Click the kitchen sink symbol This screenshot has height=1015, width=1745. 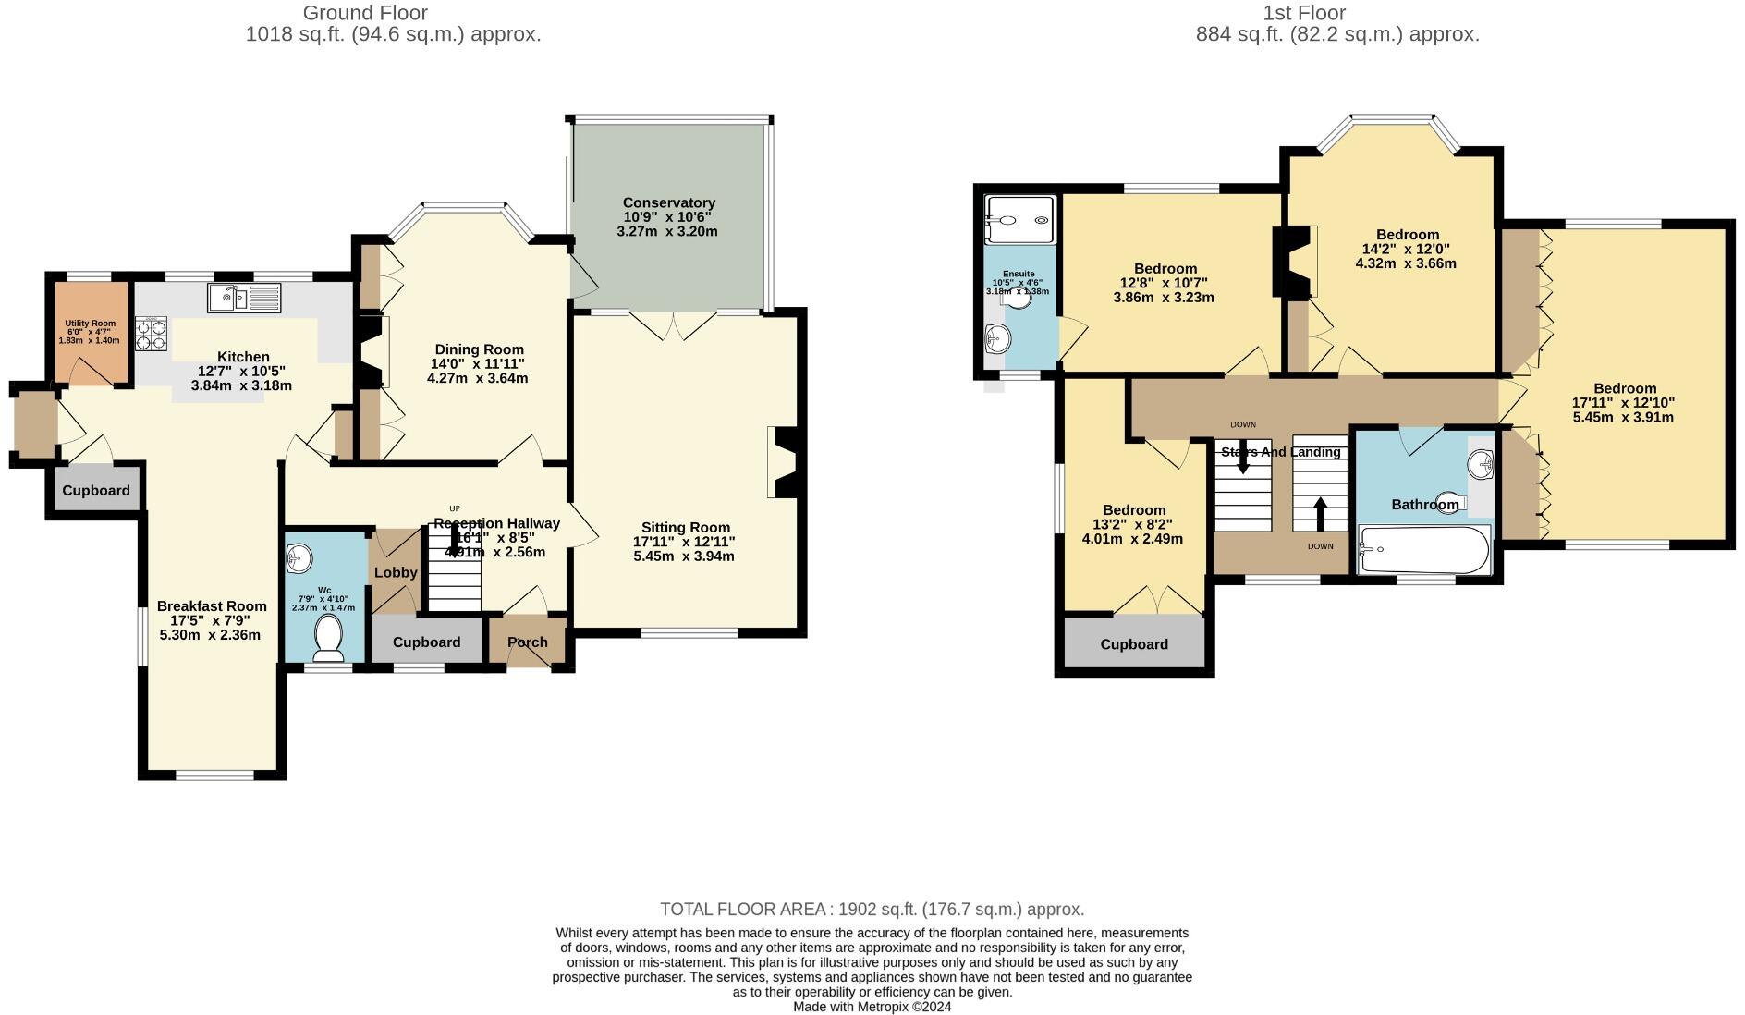coord(244,298)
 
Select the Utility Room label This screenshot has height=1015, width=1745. coord(90,324)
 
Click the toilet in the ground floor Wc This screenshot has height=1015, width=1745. coord(328,639)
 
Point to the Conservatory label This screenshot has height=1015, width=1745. coord(668,202)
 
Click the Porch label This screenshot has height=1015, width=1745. coord(527,642)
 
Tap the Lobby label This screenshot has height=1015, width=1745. coord(396,572)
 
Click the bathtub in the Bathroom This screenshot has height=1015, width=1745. coord(1424,551)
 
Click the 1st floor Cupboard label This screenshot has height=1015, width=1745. coord(1134,644)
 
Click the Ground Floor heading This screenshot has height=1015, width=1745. coord(365,13)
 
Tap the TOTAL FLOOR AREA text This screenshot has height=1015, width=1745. coord(872,909)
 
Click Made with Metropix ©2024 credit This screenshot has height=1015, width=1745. coord(872,1007)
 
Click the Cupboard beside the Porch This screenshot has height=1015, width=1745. coord(426,642)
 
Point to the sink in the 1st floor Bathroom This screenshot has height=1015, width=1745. coord(1481,463)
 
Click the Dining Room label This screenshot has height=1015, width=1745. coord(479,349)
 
